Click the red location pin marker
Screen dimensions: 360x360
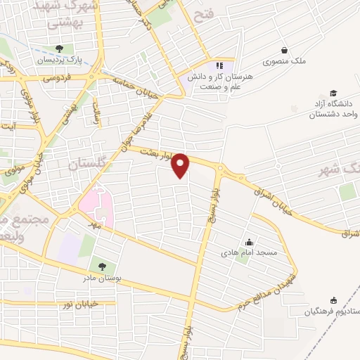[x=181, y=165]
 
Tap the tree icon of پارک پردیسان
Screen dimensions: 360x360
[x=58, y=49]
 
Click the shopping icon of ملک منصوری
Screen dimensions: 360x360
[x=284, y=51]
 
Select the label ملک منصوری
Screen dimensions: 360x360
[x=285, y=62]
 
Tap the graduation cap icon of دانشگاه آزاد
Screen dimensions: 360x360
[x=333, y=94]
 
